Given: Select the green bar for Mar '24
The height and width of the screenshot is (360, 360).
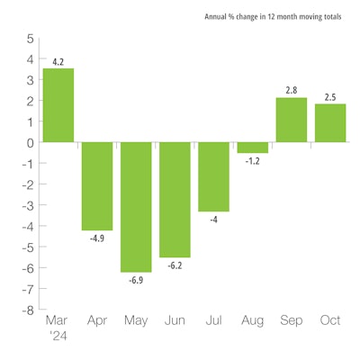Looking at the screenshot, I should pos(58,104).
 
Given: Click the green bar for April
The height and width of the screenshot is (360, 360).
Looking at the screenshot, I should pos(97,186).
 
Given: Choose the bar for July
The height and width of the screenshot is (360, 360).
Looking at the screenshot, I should pos(213,176).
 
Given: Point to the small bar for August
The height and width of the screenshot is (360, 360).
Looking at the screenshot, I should pos(252,148).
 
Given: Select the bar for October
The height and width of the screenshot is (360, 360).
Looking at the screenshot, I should pos(329,122).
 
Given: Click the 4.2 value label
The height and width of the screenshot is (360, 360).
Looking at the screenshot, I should pos(58,61).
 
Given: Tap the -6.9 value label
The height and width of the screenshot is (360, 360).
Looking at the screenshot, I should pos(136,280).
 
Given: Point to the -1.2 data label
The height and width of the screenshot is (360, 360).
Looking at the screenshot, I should pos(252,161).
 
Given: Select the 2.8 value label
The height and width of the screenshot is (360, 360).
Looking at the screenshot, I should pos(291,90).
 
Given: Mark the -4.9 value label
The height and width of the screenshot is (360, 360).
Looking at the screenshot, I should pos(97,238).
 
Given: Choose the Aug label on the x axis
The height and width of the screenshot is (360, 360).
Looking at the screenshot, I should pos(252,320).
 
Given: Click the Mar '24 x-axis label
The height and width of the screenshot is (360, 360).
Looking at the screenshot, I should pos(58,327).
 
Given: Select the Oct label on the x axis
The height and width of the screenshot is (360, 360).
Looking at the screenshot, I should pos(329,320).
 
